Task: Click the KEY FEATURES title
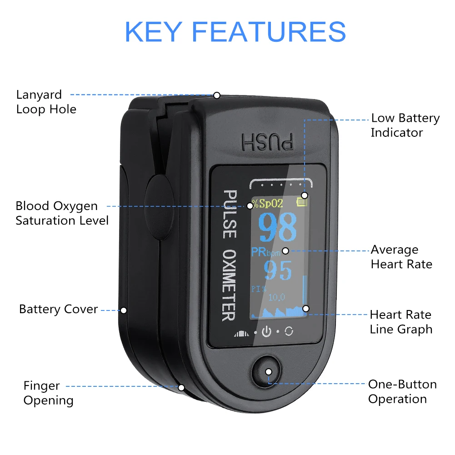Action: point(235,31)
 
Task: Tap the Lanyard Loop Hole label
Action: point(46,102)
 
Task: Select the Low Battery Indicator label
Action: point(405,125)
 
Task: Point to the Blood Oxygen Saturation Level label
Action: point(62,213)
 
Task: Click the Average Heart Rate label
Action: point(401,257)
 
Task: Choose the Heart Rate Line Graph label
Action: point(400,322)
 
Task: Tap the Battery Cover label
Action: point(58,310)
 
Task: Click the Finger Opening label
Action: point(48,393)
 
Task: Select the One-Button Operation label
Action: point(402,391)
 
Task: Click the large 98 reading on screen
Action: point(278,227)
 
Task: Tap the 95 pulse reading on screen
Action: point(278,271)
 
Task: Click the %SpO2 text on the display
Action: point(268,203)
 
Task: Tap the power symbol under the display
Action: point(266,332)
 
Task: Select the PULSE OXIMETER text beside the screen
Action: point(229,255)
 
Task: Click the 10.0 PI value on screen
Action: point(276,298)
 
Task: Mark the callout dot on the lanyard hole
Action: point(217,95)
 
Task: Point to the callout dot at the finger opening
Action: point(181,388)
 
